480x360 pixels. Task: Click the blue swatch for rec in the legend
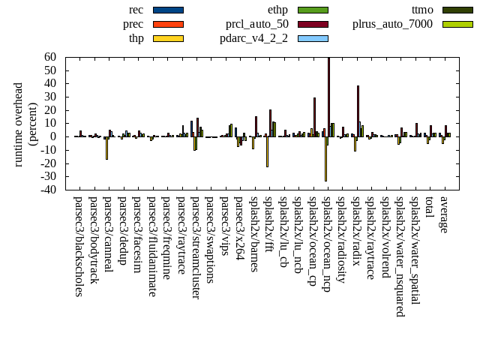[168, 10]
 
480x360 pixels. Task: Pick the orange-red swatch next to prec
[168, 24]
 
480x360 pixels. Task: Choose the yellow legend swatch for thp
[168, 37]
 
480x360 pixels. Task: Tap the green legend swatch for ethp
[313, 10]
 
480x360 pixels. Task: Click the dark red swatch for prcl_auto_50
[313, 24]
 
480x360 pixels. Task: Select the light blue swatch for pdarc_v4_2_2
[313, 37]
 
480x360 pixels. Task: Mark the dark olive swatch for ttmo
[457, 10]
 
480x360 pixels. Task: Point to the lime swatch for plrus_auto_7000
[457, 24]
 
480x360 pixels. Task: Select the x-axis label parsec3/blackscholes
[79, 247]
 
